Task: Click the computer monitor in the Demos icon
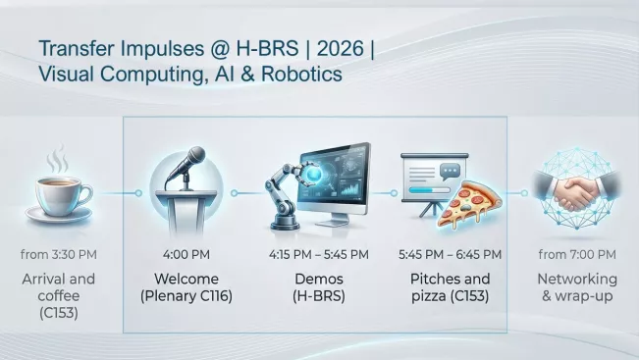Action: (337, 178)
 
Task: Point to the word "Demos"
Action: (318, 279)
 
